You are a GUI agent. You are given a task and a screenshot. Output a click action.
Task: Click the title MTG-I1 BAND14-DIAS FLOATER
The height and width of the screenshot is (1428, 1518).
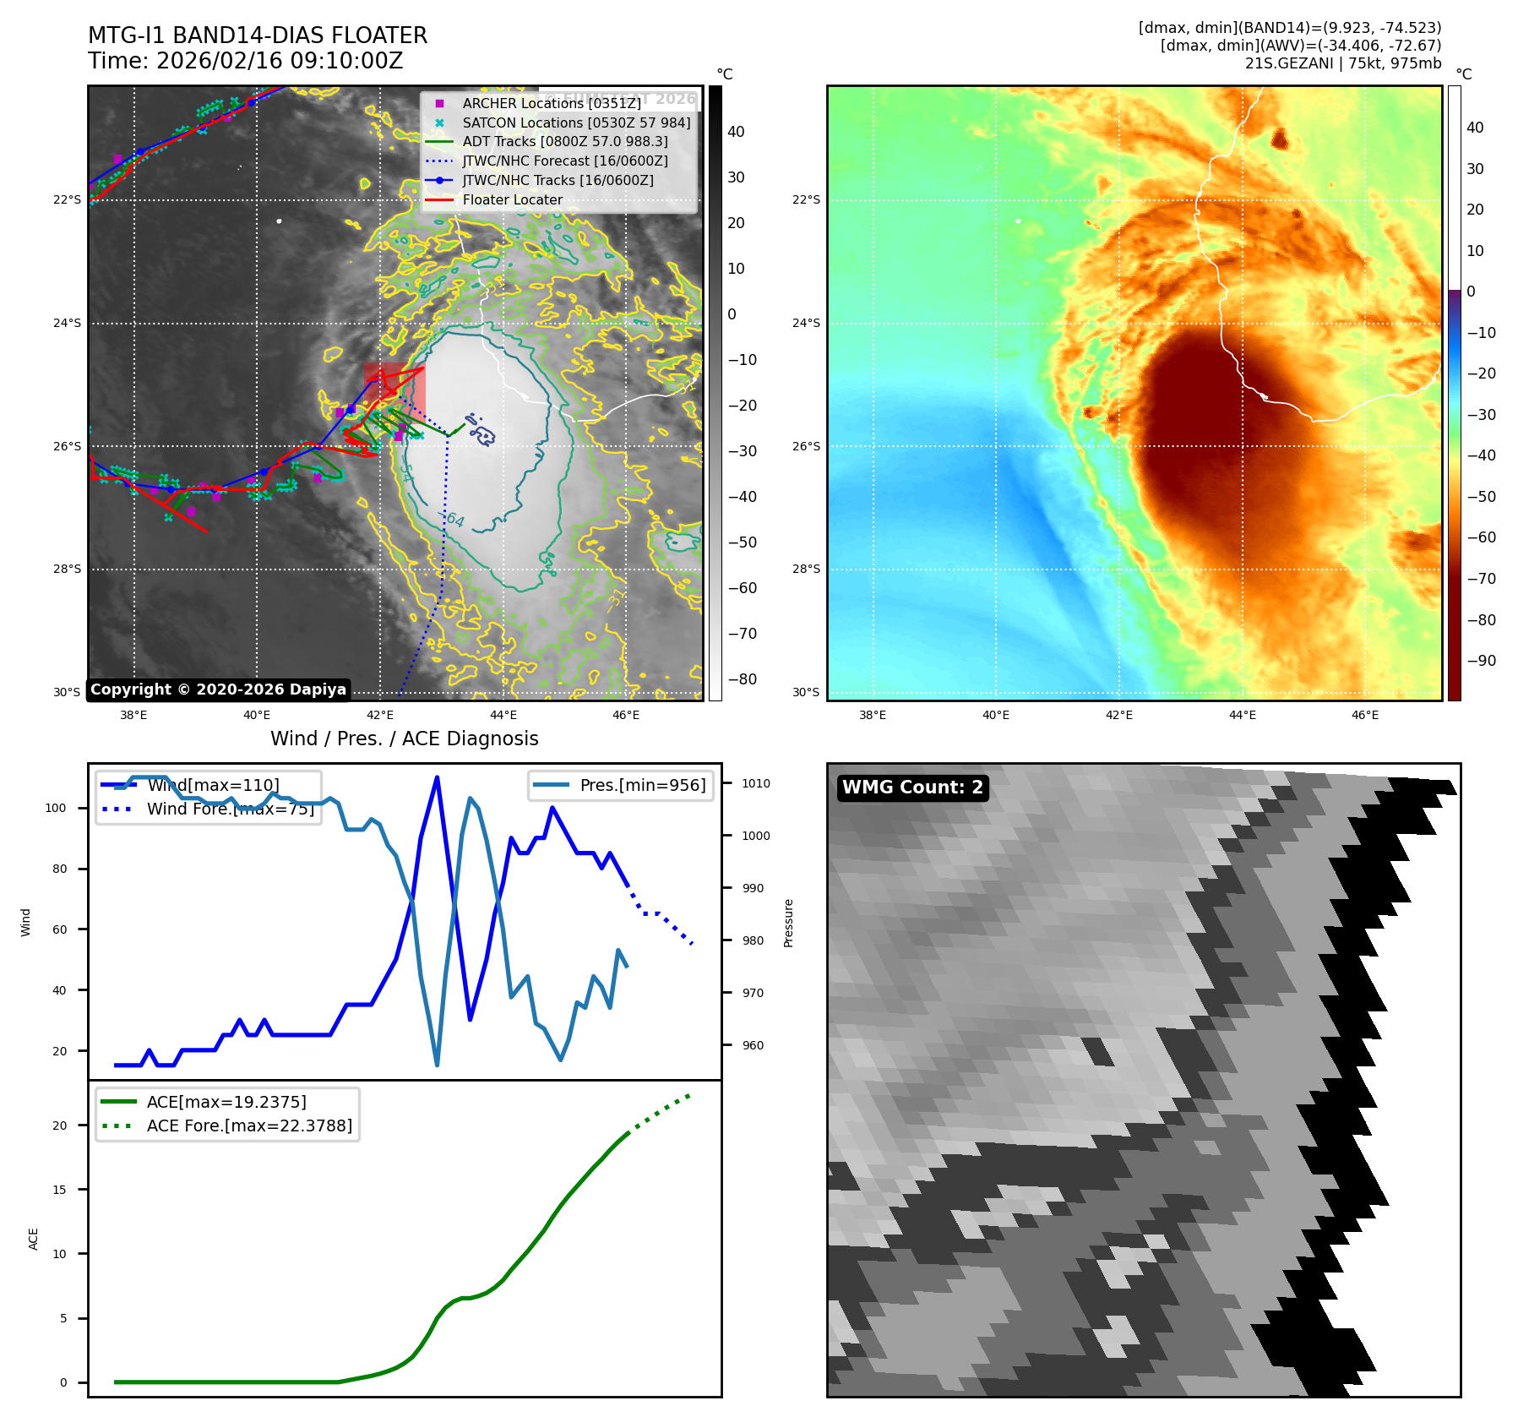pyautogui.click(x=258, y=35)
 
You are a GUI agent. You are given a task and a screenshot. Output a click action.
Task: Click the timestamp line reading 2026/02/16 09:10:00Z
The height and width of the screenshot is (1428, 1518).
pyautogui.click(x=245, y=62)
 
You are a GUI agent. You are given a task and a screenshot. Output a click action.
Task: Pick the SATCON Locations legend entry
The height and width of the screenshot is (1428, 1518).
pyautogui.click(x=575, y=123)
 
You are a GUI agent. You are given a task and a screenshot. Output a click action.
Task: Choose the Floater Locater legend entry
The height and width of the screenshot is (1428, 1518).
pyautogui.click(x=512, y=200)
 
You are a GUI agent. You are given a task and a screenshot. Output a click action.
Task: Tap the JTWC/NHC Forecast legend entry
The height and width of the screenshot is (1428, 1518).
pyautogui.click(x=564, y=161)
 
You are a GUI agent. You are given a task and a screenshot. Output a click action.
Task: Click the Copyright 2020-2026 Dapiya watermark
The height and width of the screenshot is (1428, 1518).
pyautogui.click(x=218, y=689)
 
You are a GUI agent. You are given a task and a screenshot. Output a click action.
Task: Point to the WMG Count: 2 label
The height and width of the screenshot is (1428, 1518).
pyautogui.click(x=912, y=788)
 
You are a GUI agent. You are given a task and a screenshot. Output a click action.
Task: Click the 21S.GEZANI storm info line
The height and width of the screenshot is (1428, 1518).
pyautogui.click(x=1342, y=63)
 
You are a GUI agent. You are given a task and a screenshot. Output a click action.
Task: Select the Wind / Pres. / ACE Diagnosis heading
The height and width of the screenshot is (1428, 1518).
pyautogui.click(x=404, y=739)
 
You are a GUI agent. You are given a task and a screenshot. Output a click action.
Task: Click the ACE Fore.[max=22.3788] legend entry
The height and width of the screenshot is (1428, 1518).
pyautogui.click(x=248, y=1126)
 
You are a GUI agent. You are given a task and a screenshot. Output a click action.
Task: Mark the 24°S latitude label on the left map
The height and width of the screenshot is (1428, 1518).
pyautogui.click(x=68, y=323)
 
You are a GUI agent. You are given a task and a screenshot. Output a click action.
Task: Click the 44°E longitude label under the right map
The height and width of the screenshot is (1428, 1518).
pyautogui.click(x=1242, y=715)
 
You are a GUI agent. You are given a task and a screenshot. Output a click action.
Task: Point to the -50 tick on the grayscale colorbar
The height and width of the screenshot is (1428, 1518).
pyautogui.click(x=743, y=542)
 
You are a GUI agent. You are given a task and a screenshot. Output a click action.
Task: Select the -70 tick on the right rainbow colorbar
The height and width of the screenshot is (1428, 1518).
pyautogui.click(x=1481, y=579)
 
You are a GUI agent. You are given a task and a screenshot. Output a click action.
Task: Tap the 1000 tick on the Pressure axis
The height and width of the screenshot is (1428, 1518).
pyautogui.click(x=755, y=836)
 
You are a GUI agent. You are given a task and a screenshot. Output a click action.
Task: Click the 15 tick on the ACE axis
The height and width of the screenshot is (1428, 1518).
pyautogui.click(x=59, y=1190)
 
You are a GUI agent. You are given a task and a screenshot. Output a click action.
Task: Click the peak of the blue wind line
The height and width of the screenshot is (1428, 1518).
pyautogui.click(x=437, y=777)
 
